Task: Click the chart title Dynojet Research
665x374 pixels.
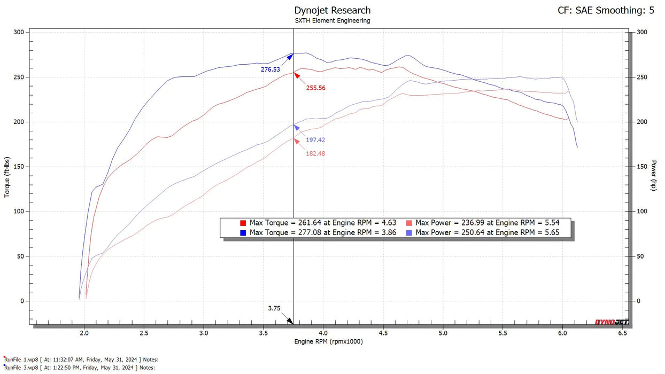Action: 332,10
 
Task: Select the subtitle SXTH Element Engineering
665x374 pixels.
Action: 332,21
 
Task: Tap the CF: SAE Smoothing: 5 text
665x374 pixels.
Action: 606,10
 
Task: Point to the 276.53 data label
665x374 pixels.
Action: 270,69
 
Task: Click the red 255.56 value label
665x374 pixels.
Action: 315,88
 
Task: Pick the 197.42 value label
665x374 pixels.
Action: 315,140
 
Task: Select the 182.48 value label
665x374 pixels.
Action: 315,154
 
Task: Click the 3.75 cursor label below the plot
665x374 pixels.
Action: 274,308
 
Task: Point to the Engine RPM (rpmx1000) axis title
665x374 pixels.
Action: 328,342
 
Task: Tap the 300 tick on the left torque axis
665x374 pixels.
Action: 19,33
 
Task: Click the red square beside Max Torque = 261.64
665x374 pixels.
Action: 243,223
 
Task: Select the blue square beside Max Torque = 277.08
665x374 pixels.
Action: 243,232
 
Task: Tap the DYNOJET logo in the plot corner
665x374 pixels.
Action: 612,322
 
